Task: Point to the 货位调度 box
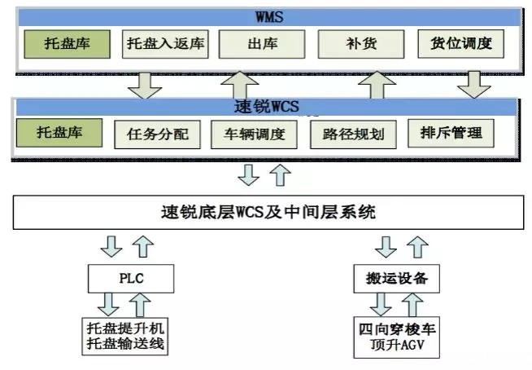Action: pyautogui.click(x=461, y=43)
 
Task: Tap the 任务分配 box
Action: pyautogui.click(x=157, y=134)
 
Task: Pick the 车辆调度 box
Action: pyautogui.click(x=248, y=134)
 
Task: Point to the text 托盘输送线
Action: pyautogui.click(x=130, y=345)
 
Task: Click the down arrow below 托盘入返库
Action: pyautogui.click(x=146, y=83)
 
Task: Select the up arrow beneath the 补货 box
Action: pyautogui.click(x=376, y=83)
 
